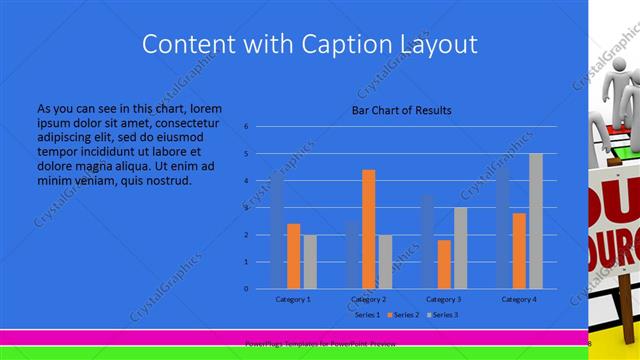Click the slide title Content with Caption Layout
pyautogui.click(x=309, y=44)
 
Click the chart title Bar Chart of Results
pyautogui.click(x=401, y=110)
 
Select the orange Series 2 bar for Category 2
pyautogui.click(x=369, y=229)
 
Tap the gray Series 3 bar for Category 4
pyautogui.click(x=536, y=221)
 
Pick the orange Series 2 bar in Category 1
pyautogui.click(x=293, y=256)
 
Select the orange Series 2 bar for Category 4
pyautogui.click(x=519, y=251)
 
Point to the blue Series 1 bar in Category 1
pyautogui.click(x=277, y=231)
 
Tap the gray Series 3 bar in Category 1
pyautogui.click(x=310, y=262)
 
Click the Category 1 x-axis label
pyautogui.click(x=293, y=299)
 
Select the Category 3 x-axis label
pyautogui.click(x=444, y=299)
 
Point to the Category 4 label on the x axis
pyautogui.click(x=519, y=299)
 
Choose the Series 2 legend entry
pyautogui.click(x=402, y=315)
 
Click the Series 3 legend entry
pyautogui.click(x=443, y=315)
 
